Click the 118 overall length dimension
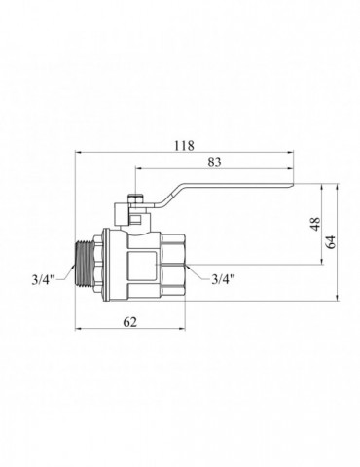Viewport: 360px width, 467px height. pos(184,146)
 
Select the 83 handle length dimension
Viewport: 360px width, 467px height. pos(214,162)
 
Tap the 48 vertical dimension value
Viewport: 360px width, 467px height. pos(316,224)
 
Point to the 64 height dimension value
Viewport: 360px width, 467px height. pos(331,241)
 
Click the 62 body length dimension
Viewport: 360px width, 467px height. pos(130,322)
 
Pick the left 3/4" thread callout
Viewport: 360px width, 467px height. pos(44,279)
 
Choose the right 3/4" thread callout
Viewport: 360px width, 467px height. pos(223,279)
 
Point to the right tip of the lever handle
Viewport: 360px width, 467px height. pos(293,185)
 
